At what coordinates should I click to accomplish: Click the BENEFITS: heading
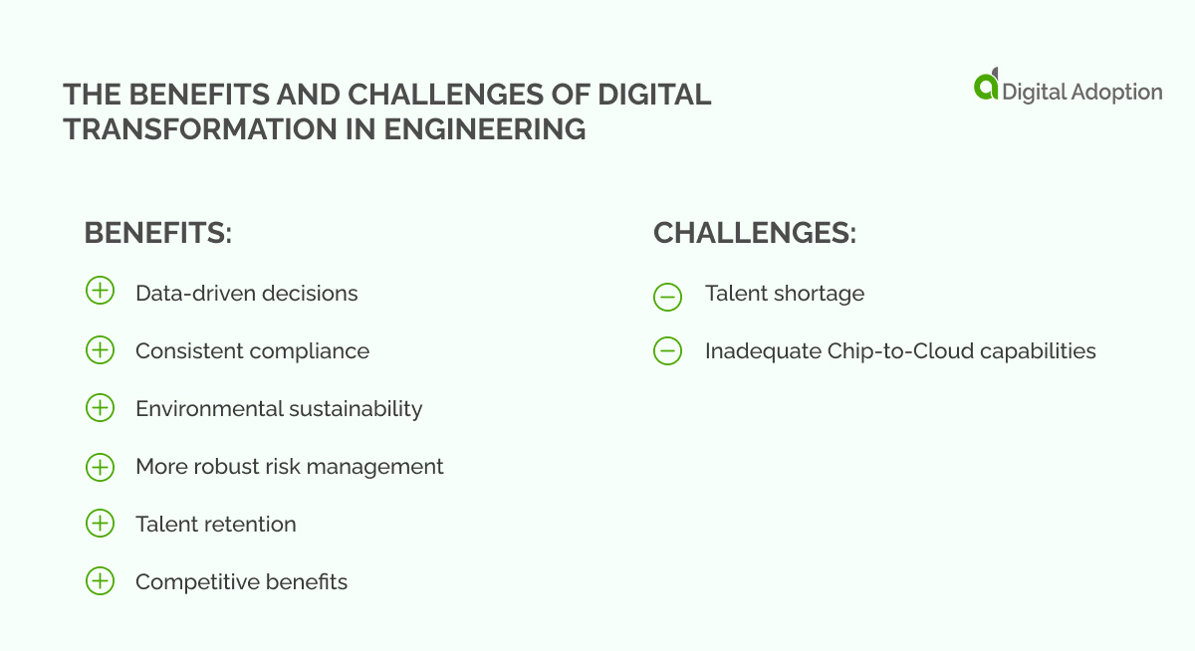(157, 233)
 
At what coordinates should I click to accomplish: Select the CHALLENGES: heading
(754, 233)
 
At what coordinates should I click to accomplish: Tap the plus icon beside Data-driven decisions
(100, 292)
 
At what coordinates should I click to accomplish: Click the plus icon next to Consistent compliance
(100, 349)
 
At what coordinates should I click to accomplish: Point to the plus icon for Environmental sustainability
(100, 407)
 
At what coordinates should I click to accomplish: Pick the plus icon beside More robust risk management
(100, 466)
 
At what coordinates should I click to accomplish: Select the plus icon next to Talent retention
(100, 523)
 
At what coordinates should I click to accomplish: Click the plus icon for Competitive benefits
(100, 580)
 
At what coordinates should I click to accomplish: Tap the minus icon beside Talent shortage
(668, 295)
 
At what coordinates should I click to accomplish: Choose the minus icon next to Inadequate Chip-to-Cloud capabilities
(668, 351)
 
